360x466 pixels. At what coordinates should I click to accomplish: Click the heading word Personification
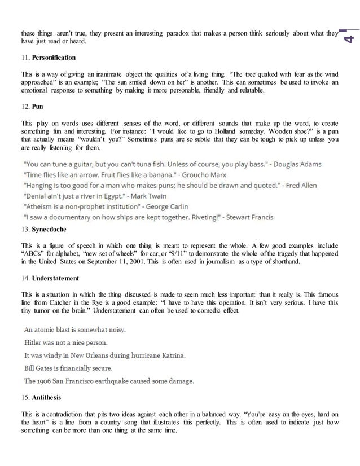click(x=54, y=58)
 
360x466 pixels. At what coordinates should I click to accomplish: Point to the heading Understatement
click(x=56, y=279)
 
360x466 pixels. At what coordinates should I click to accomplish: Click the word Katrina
click(x=169, y=355)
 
